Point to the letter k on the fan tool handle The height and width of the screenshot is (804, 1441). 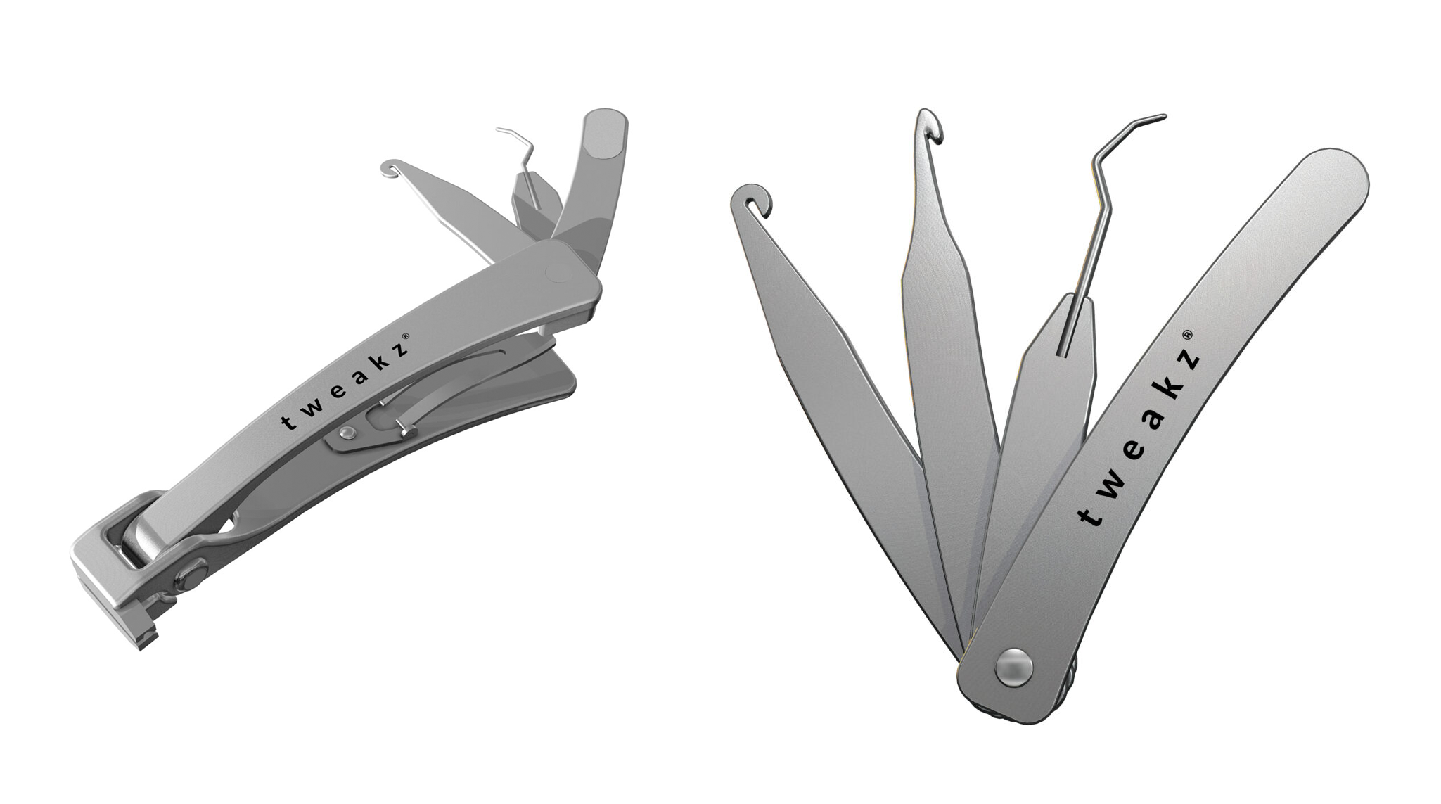point(1170,395)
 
